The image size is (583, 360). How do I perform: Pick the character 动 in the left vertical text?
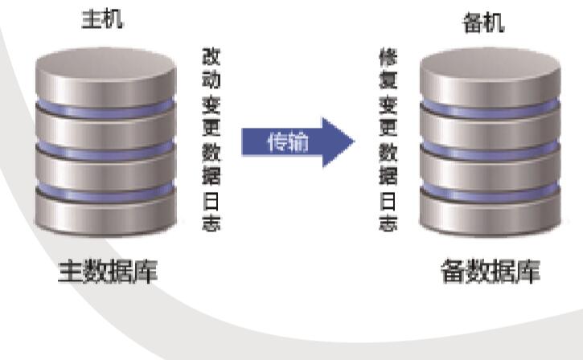(211, 80)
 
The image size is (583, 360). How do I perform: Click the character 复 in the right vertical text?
(388, 80)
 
